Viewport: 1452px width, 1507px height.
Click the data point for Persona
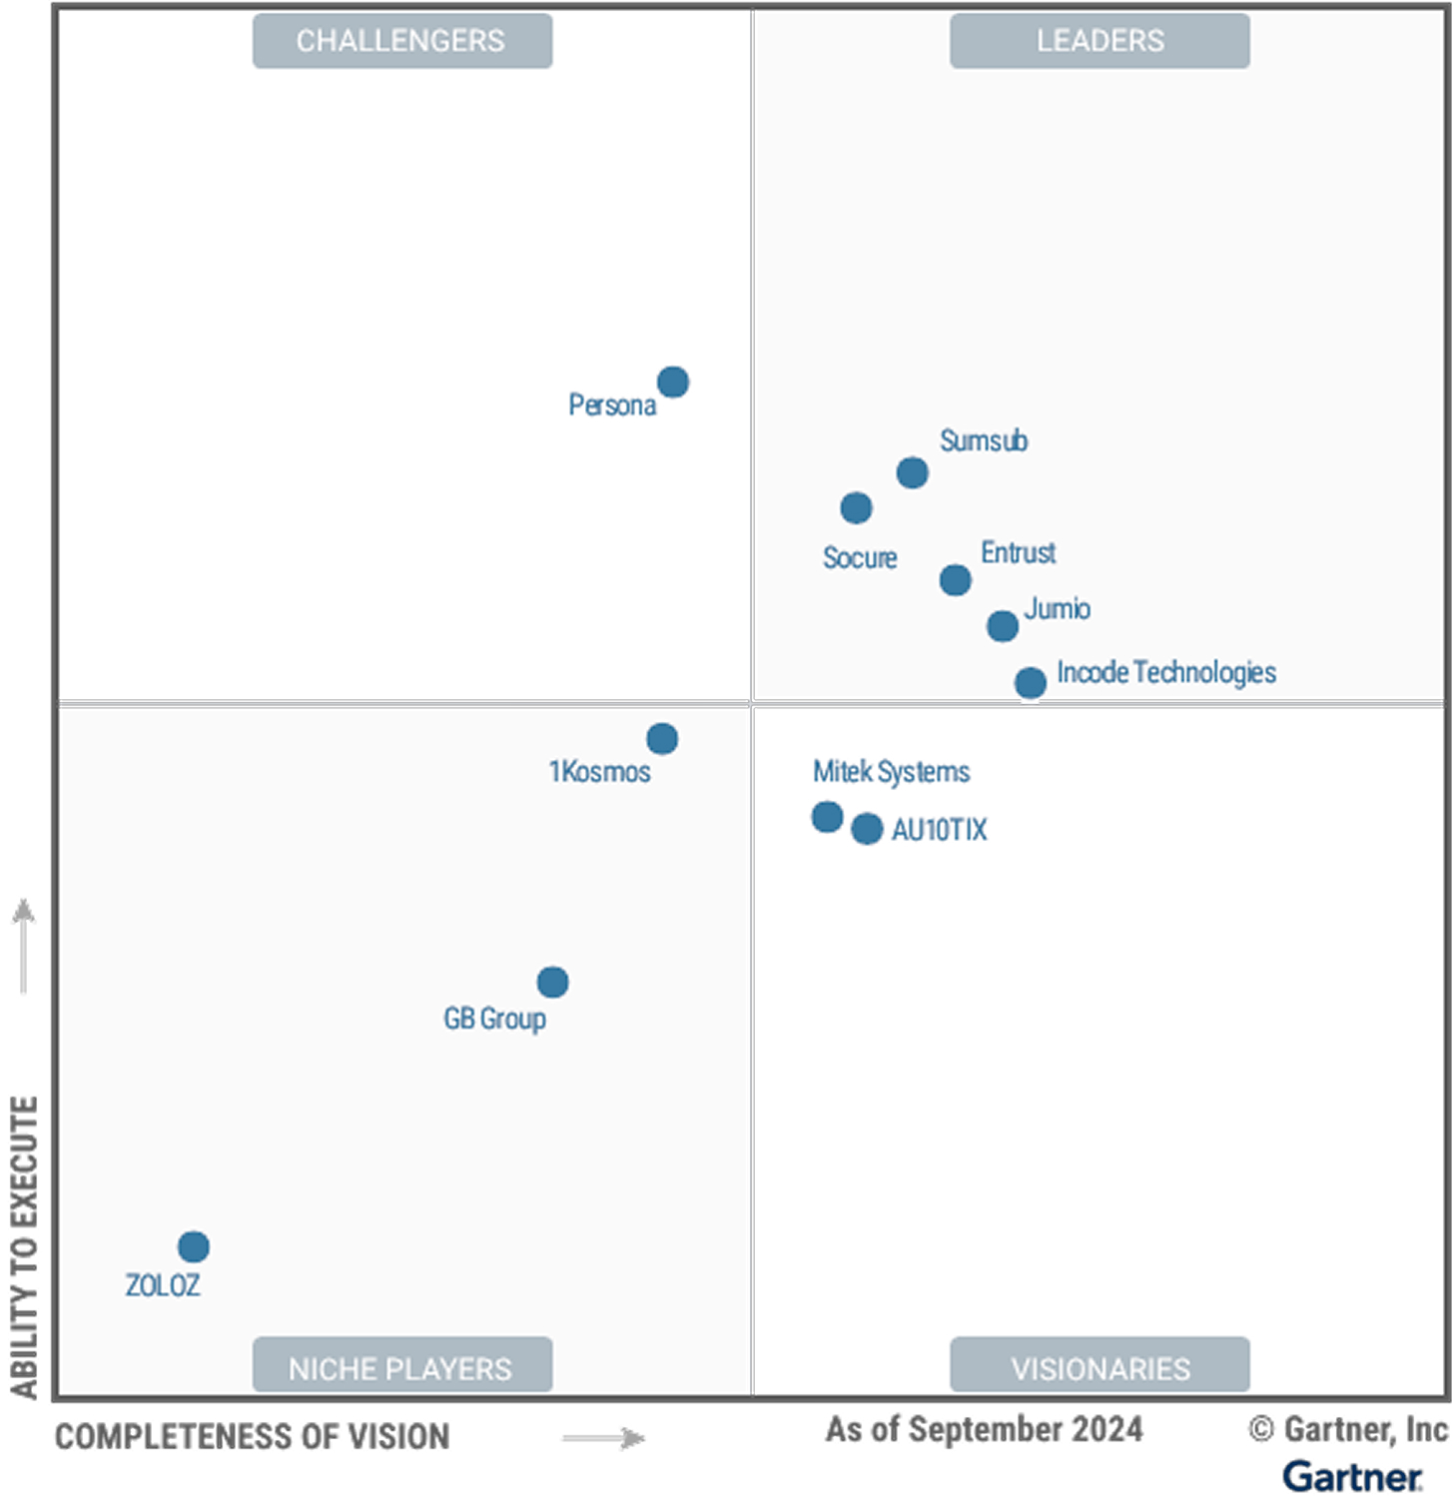point(673,381)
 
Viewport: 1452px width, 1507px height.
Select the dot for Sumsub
point(912,472)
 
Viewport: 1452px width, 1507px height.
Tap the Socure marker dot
point(856,507)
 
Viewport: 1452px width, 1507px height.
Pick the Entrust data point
point(956,579)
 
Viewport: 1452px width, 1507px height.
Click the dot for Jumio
point(1003,626)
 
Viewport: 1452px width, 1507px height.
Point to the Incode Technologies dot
point(1031,683)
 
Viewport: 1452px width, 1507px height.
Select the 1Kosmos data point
point(662,739)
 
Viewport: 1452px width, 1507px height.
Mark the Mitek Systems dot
point(827,817)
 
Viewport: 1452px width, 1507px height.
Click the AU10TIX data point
point(867,828)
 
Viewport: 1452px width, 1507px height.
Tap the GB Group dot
point(552,982)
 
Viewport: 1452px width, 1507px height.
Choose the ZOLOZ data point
point(194,1246)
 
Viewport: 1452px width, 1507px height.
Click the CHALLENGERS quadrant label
point(401,41)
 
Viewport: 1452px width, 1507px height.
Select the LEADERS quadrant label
point(1099,41)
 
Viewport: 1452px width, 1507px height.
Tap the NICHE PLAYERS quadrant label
point(401,1367)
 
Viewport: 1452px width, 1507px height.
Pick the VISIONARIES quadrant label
point(1099,1367)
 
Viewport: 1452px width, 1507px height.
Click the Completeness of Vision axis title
point(253,1437)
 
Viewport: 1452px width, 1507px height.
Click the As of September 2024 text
point(984,1429)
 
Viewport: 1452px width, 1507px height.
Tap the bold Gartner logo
point(1352,1477)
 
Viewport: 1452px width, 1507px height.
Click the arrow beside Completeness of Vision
point(604,1438)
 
